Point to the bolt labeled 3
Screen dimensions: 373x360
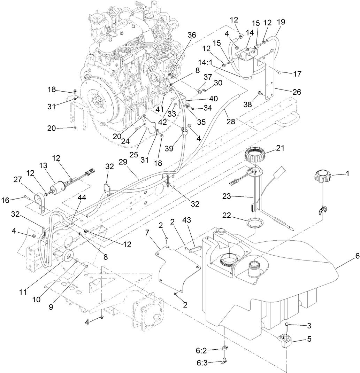pyautogui.click(x=286, y=325)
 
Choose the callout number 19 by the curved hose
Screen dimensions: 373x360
pyautogui.click(x=281, y=22)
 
